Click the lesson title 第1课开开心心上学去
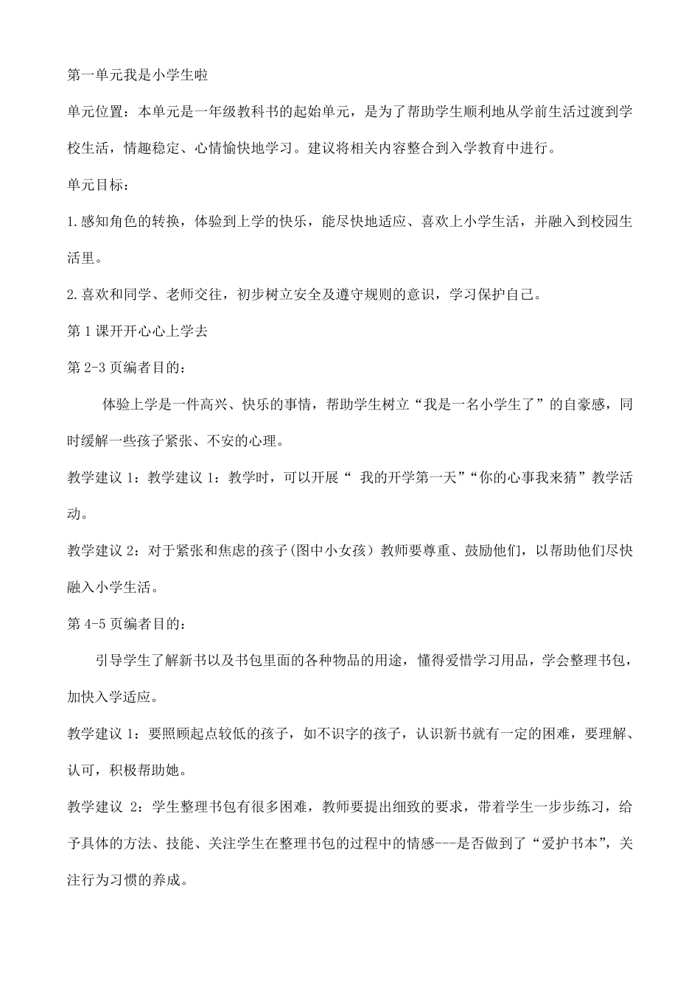(137, 331)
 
